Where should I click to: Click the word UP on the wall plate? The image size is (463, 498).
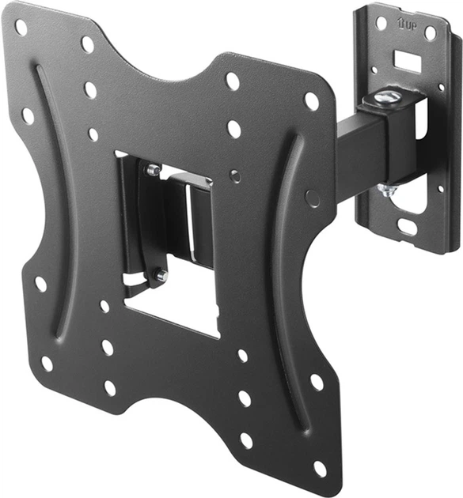tap(411, 26)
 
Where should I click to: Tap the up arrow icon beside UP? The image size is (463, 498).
tap(401, 23)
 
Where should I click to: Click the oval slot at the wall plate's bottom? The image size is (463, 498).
tap(407, 226)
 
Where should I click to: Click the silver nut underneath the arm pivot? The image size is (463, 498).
tap(387, 191)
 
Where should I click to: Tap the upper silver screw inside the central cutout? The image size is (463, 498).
tap(154, 170)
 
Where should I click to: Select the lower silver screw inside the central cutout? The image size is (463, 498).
tap(162, 275)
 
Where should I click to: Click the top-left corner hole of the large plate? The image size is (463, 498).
tap(21, 28)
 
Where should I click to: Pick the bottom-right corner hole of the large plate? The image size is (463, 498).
tap(320, 469)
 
